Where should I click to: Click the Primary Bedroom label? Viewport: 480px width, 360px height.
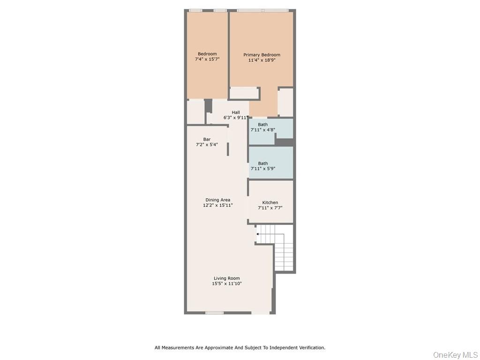[262, 55]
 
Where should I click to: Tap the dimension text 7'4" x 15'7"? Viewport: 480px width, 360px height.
[207, 60]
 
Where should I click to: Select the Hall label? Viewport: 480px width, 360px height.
[235, 112]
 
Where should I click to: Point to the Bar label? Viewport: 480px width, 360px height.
[207, 139]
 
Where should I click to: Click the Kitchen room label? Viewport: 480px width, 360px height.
[270, 202]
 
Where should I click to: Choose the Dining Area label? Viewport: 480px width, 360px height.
[217, 200]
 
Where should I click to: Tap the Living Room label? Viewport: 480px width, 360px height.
[227, 278]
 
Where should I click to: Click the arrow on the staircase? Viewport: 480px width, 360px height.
[258, 233]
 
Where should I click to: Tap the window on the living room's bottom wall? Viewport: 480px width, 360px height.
[214, 313]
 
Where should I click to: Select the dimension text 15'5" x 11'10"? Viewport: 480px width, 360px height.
[227, 284]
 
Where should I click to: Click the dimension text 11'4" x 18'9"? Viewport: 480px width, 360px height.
[262, 60]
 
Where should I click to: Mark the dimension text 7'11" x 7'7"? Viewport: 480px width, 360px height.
[270, 208]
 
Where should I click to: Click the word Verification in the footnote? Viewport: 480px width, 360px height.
[310, 348]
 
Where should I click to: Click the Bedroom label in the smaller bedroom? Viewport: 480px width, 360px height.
[207, 54]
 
